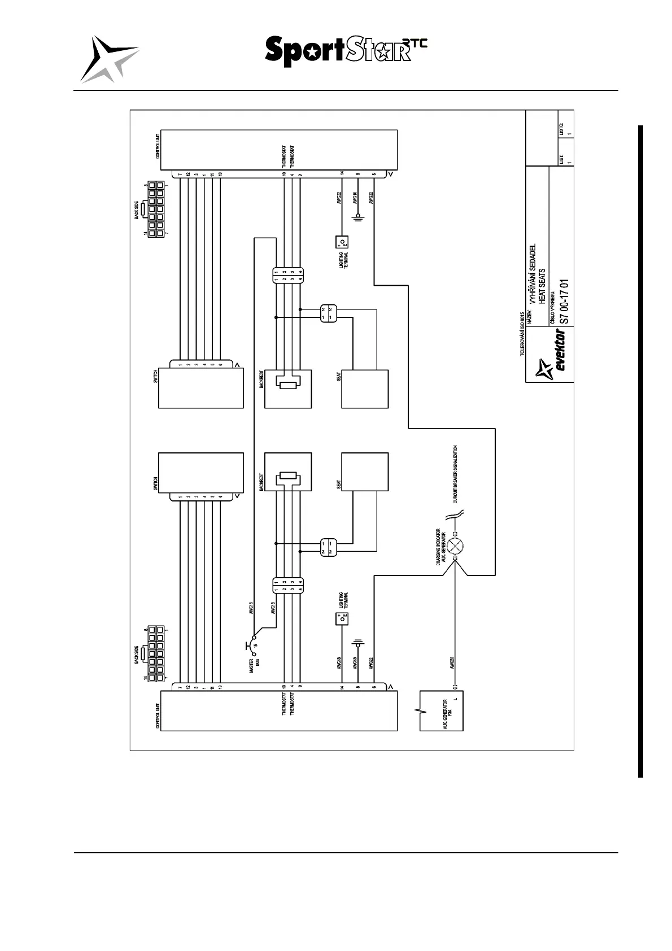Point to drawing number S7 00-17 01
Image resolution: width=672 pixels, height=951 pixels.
[563, 302]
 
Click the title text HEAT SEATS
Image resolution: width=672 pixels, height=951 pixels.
[542, 286]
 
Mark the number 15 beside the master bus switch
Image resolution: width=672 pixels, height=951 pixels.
[255, 645]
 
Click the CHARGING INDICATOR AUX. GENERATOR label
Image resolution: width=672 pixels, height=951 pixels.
[441, 547]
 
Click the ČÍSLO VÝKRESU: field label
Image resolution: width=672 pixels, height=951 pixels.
[553, 310]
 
